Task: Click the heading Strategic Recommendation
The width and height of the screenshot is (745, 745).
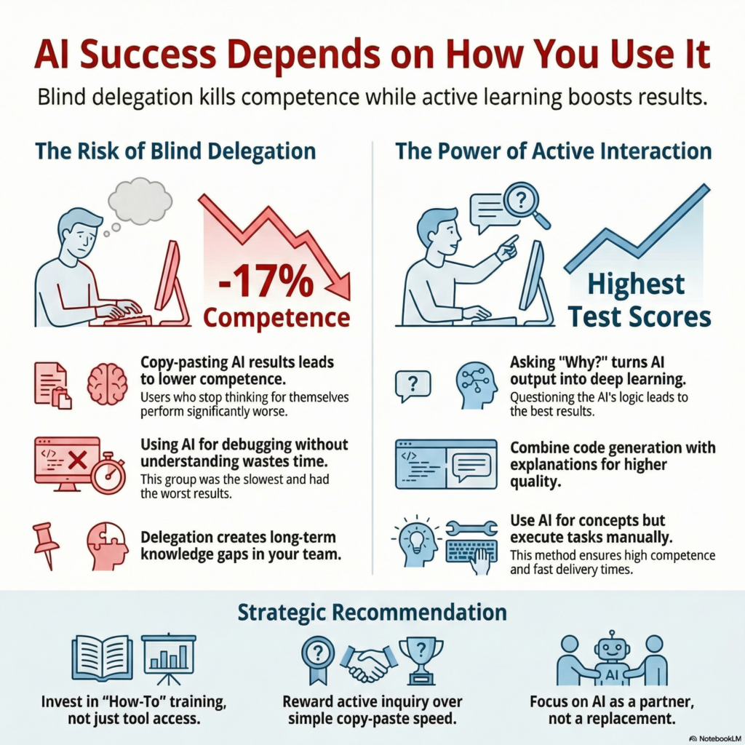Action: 372,612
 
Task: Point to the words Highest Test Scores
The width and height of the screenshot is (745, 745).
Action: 636,300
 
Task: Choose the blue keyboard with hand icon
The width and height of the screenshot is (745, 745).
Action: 473,554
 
